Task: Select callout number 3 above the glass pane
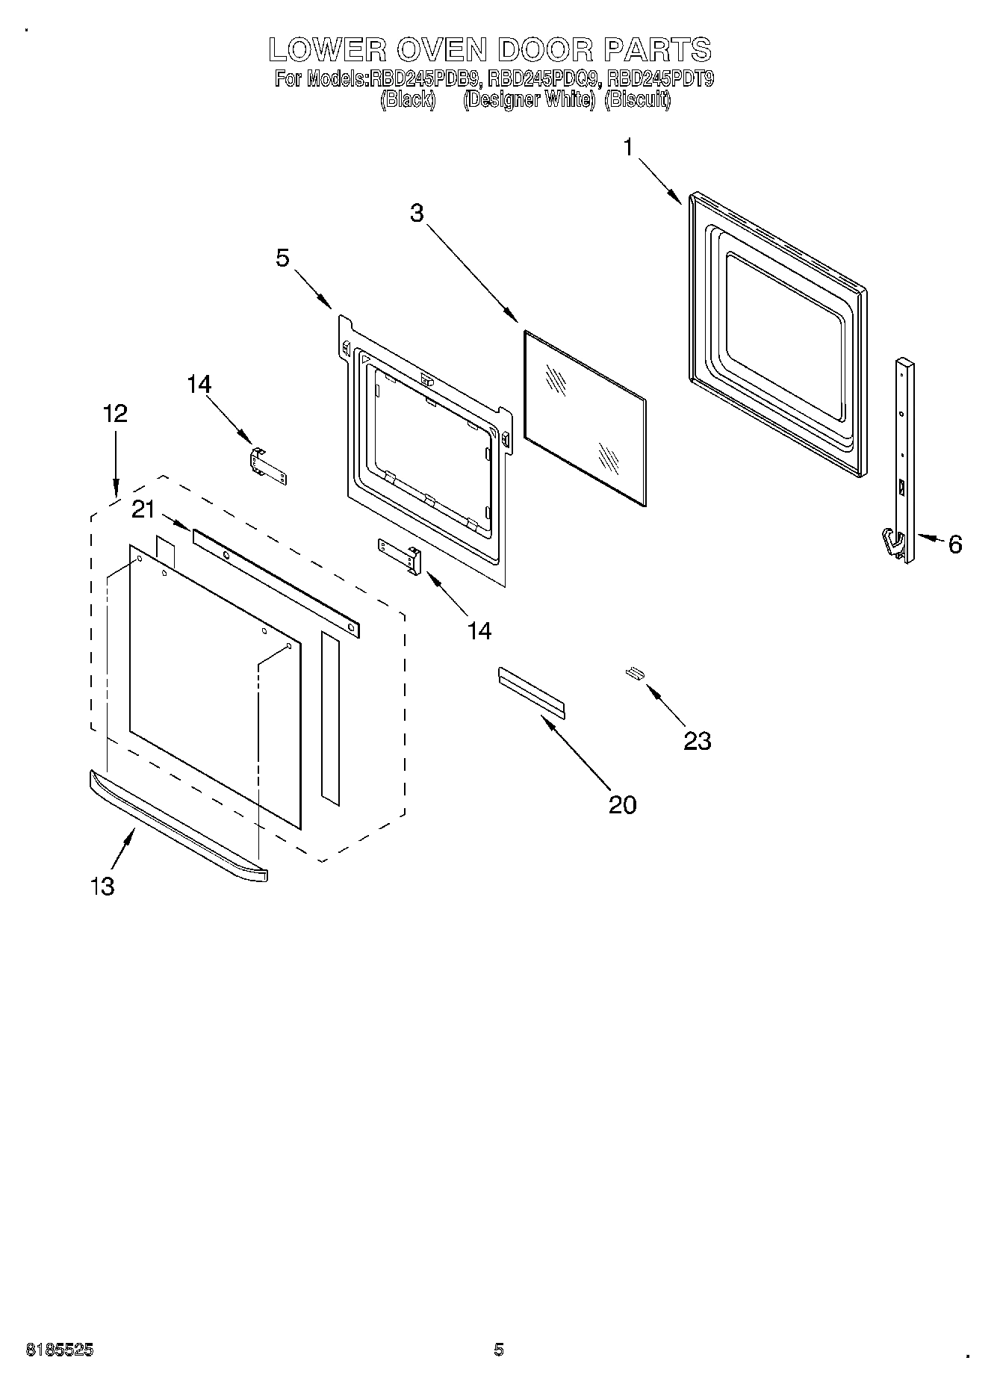click(x=417, y=213)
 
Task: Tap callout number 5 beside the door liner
click(x=282, y=258)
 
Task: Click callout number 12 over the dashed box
click(x=115, y=413)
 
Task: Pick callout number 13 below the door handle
click(x=102, y=886)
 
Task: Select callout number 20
click(x=622, y=804)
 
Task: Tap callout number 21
click(x=143, y=509)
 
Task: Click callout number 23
click(x=697, y=741)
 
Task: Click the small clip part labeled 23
click(x=635, y=673)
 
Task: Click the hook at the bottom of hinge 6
click(x=891, y=541)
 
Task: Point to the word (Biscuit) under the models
click(x=637, y=99)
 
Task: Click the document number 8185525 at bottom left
click(x=60, y=1350)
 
